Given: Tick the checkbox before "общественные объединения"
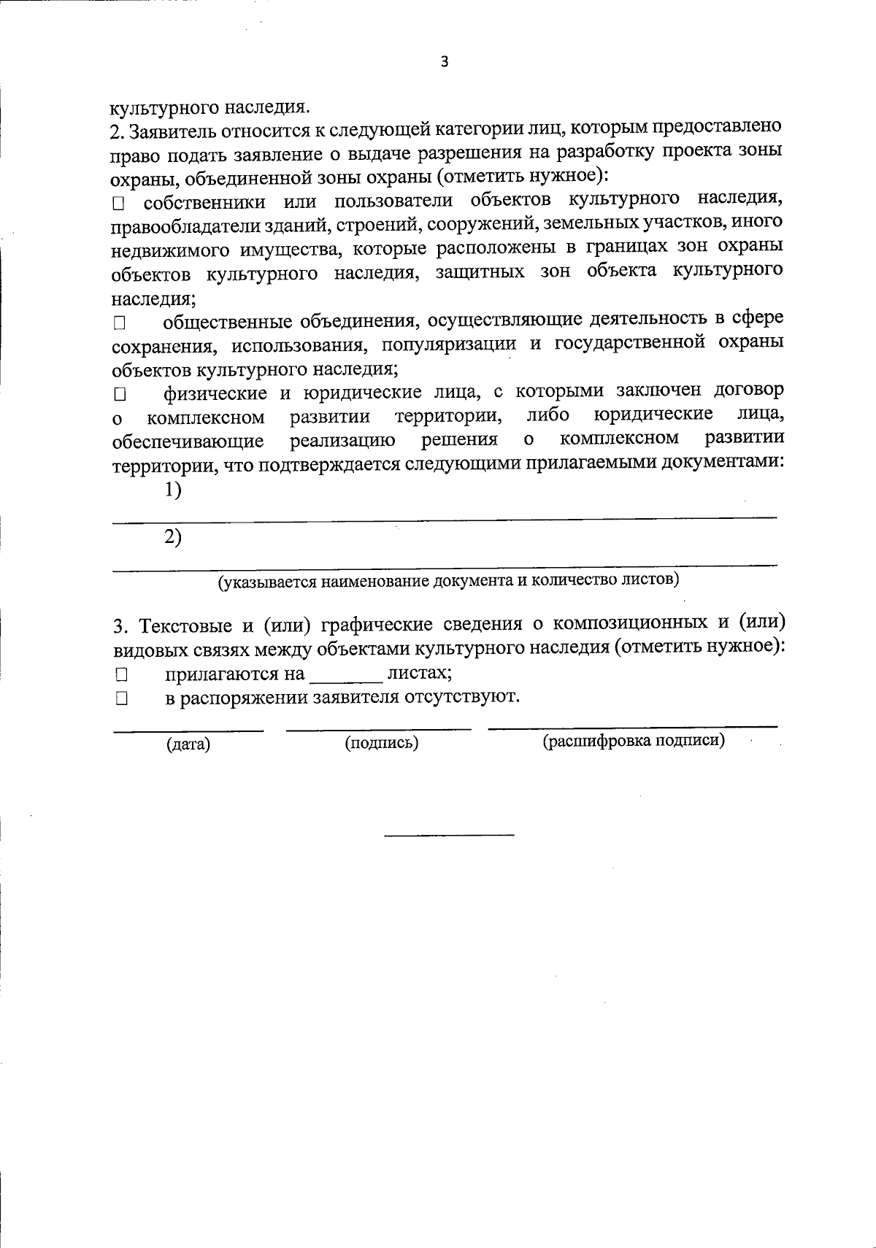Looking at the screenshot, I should coord(120,322).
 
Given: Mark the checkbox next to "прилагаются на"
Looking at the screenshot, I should coord(120,674).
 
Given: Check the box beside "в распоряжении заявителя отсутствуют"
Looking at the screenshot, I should coord(120,698).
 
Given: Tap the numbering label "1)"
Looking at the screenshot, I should coord(173,490).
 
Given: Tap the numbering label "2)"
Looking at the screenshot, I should coord(173,538).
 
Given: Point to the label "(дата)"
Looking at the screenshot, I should coord(188,744).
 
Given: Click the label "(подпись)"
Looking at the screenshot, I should coord(381,743).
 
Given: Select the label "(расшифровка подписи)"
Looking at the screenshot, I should coord(633,742).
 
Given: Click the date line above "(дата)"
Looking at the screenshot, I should coord(188,729).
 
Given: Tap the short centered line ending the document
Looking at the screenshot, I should coord(449,833).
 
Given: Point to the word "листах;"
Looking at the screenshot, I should coord(419,673).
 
